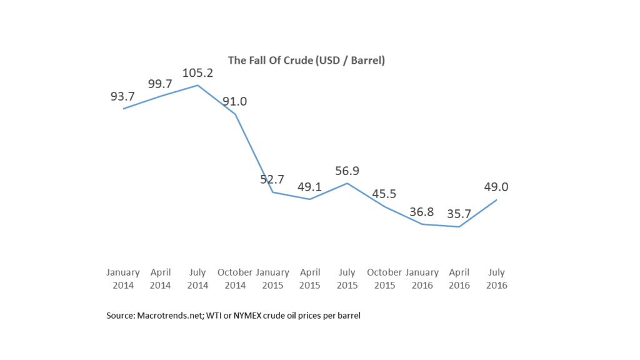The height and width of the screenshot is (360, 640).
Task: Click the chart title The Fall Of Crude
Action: [x=306, y=61]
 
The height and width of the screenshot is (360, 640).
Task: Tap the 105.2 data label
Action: [x=197, y=73]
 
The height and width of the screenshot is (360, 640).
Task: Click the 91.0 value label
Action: [x=235, y=102]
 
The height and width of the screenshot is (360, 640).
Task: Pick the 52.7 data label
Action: [x=272, y=180]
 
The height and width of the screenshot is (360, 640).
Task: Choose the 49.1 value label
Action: [x=310, y=187]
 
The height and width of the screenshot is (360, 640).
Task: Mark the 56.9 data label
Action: [x=347, y=171]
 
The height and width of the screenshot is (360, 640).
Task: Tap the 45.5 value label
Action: [x=385, y=194]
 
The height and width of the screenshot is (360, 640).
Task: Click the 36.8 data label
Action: [x=422, y=212]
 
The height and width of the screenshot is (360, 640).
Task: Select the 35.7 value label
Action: [x=459, y=214]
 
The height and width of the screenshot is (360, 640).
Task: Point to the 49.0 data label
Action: [x=497, y=187]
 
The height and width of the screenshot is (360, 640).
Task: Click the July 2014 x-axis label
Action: [x=197, y=279]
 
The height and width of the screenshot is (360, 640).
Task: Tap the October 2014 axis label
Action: [x=235, y=279]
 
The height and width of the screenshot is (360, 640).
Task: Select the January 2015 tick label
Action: [x=272, y=279]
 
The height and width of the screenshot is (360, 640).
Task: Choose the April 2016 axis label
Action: [x=459, y=279]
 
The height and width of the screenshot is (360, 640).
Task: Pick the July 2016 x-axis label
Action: [x=497, y=279]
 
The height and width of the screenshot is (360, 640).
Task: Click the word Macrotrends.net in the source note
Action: [x=164, y=316]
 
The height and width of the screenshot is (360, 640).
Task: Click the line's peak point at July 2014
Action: [x=198, y=86]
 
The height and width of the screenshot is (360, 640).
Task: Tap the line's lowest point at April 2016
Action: [x=459, y=227]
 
